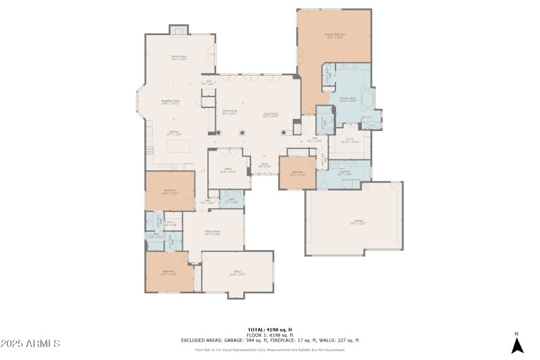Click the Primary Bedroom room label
pos(335,36)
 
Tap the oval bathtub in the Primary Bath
pos(368,101)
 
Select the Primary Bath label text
pos(348,99)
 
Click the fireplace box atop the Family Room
pos(178,30)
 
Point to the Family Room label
pos(178,58)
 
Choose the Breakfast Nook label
pos(169,102)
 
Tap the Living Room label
pos(271,115)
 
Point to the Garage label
pos(356,222)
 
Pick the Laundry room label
pos(345,173)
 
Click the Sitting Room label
pos(213,233)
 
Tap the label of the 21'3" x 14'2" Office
pos(237,273)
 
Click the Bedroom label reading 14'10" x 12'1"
pos(170,192)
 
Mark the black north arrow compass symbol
pos(517,345)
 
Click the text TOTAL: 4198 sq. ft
pos(269,330)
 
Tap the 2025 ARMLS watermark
pos(30,344)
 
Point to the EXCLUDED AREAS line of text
pos(269,340)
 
